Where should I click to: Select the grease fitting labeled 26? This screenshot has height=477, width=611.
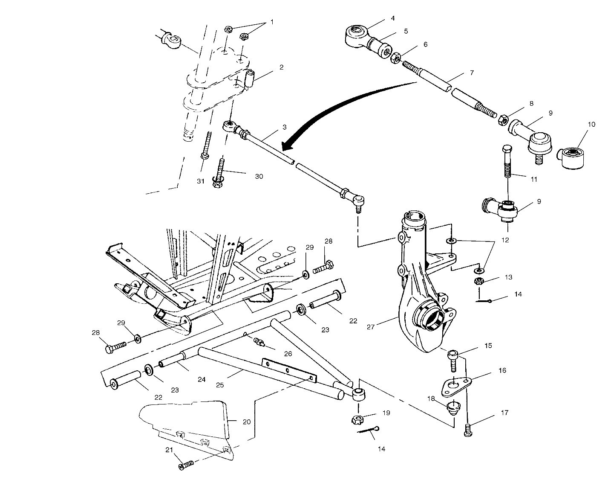258,342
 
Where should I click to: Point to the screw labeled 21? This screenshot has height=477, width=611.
186,465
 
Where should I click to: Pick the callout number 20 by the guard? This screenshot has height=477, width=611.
246,422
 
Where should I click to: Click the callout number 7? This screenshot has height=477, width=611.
472,73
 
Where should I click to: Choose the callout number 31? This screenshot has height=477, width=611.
201,181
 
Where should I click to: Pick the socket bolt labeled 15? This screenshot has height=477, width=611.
453,361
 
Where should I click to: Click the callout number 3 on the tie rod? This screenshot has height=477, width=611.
284,127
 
